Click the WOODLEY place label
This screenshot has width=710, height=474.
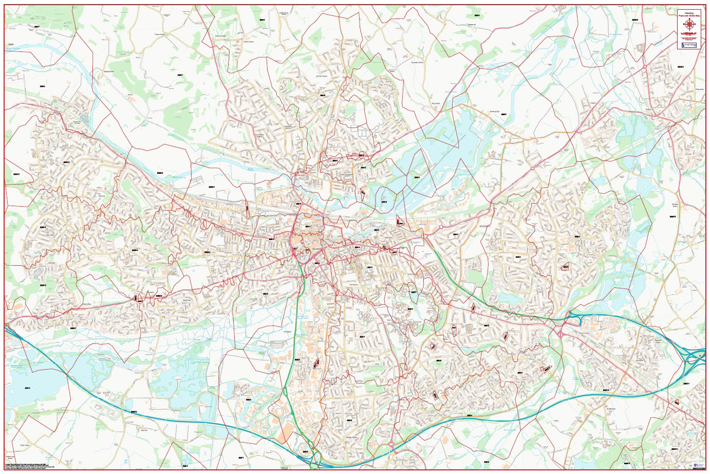coord(485,226)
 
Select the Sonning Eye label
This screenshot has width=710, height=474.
coord(495,112)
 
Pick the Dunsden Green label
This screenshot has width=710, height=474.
coord(417,63)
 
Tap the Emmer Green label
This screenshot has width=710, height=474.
coord(322,77)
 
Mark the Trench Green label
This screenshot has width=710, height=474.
coord(159,35)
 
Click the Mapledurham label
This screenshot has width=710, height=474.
coord(109,71)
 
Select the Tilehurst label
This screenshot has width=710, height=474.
coord(101,195)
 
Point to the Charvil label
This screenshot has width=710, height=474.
coord(591,103)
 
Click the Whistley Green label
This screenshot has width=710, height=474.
coord(675,205)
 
